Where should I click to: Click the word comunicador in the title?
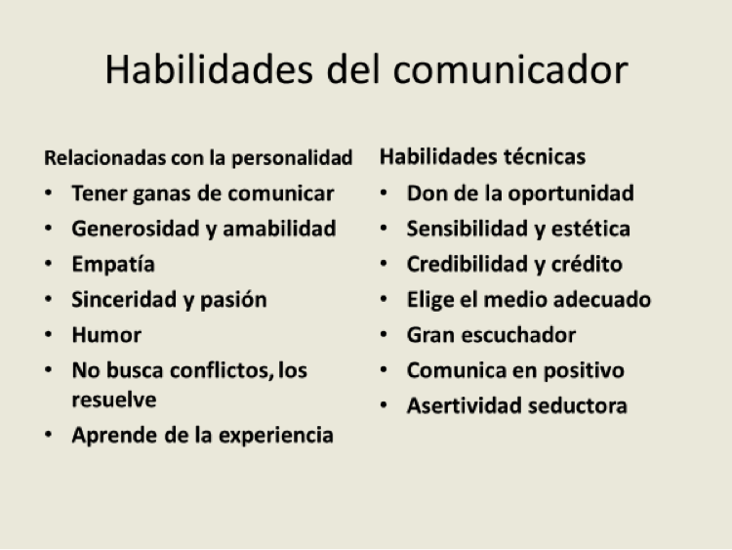pyautogui.click(x=510, y=69)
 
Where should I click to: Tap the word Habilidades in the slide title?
pyautogui.click(x=209, y=69)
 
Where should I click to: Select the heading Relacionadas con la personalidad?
pyautogui.click(x=198, y=158)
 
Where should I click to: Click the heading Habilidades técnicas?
pyautogui.click(x=482, y=156)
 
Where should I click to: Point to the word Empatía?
pyautogui.click(x=113, y=265)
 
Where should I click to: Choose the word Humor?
pyautogui.click(x=106, y=335)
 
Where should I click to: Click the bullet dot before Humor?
pyautogui.click(x=49, y=335)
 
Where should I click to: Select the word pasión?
pyautogui.click(x=233, y=301)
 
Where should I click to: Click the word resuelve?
pyautogui.click(x=114, y=400)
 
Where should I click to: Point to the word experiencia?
pyautogui.click(x=276, y=436)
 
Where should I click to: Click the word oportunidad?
pyautogui.click(x=571, y=194)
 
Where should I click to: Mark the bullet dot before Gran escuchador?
pyautogui.click(x=384, y=334)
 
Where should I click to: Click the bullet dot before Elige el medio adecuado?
pyautogui.click(x=384, y=299)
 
